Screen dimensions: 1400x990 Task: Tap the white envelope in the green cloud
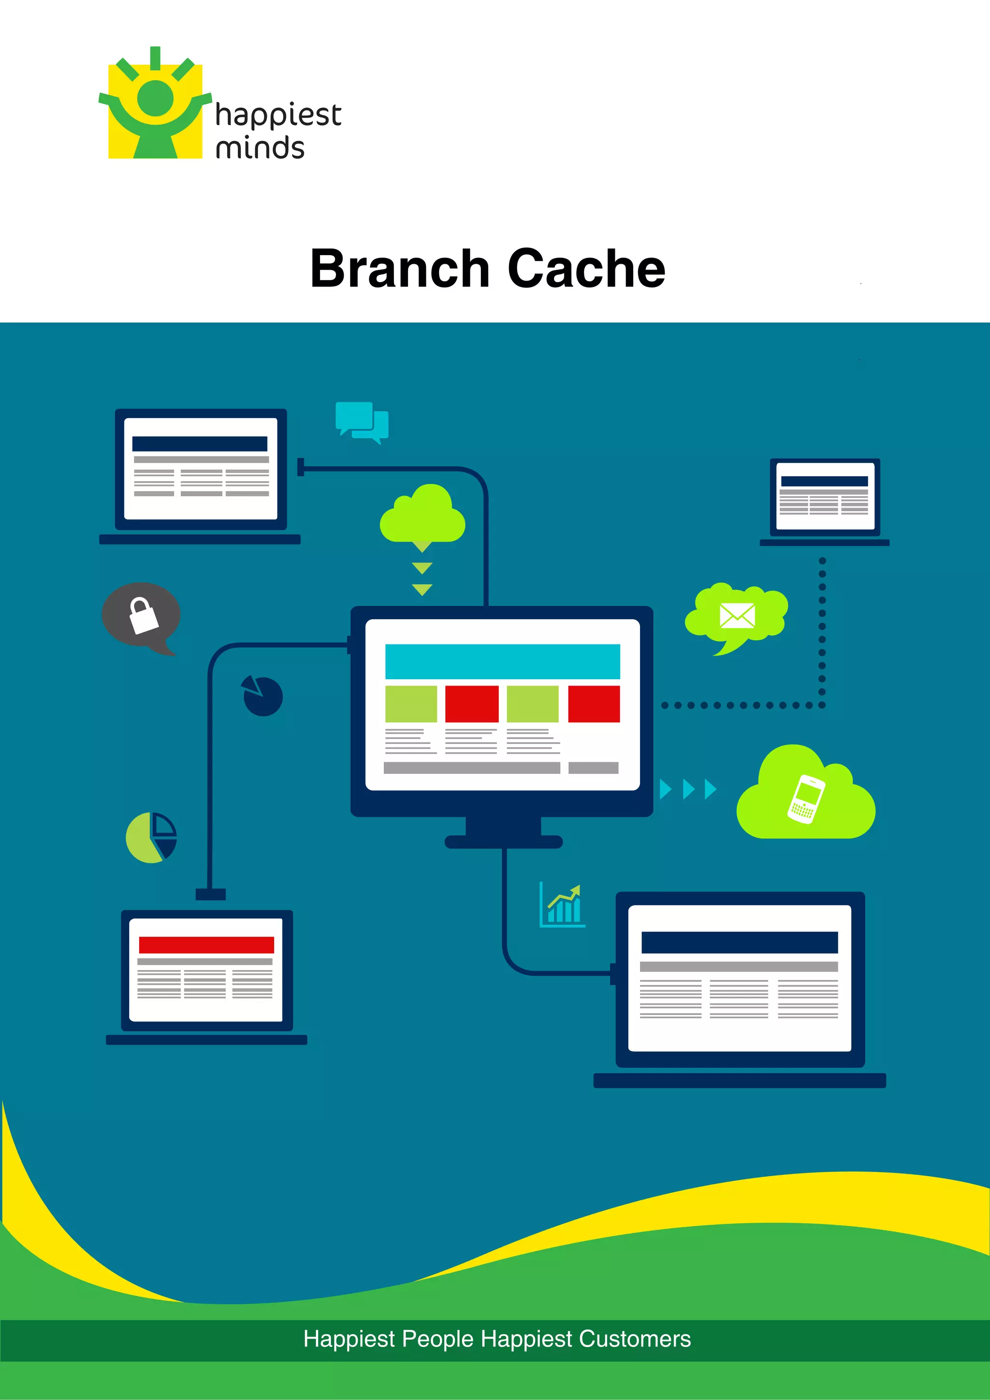point(737,615)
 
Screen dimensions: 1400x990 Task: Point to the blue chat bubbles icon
point(362,421)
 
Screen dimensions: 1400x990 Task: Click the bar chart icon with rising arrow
point(562,905)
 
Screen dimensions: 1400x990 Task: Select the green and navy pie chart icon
point(151,837)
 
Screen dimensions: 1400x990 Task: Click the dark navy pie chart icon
point(263,696)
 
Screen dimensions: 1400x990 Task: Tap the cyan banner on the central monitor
point(502,661)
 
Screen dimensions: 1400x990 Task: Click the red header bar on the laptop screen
point(206,944)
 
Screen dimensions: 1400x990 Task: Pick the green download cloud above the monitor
point(422,516)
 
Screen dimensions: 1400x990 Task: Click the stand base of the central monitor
point(503,842)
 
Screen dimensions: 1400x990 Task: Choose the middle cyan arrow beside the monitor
point(689,789)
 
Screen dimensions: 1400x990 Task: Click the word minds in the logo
point(260,148)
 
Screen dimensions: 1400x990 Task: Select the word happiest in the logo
point(278,115)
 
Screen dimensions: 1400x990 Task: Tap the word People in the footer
point(437,1339)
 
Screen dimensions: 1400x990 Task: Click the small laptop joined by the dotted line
point(824,500)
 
